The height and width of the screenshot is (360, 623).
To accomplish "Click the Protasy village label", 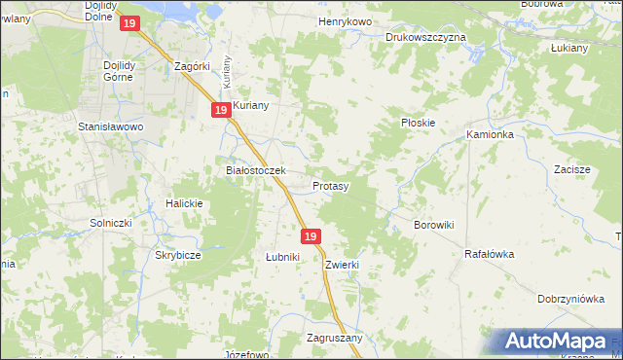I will pyautogui.click(x=331, y=185).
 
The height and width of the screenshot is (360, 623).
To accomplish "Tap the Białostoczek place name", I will pyautogui.click(x=255, y=170).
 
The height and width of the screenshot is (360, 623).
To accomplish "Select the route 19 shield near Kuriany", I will pyautogui.click(x=221, y=111).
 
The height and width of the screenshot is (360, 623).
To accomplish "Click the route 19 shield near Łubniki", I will pyautogui.click(x=311, y=236).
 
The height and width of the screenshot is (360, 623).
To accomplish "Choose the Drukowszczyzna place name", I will pyautogui.click(x=425, y=36).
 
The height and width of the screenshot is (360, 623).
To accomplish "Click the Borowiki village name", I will pyautogui.click(x=434, y=225).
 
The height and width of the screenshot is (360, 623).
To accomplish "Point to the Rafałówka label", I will pyautogui.click(x=489, y=254).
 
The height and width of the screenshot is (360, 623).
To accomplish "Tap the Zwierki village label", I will pyautogui.click(x=344, y=264).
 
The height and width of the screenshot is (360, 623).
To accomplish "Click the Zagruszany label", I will pyautogui.click(x=334, y=338).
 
